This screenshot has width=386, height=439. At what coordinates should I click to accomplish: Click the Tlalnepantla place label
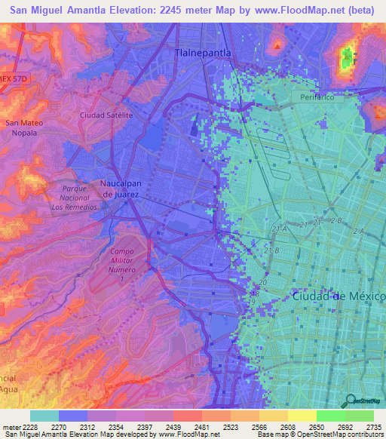click(x=203, y=54)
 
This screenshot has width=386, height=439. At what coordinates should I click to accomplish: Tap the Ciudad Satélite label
click(x=106, y=115)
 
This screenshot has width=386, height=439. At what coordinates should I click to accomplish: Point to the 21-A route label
click(x=280, y=227)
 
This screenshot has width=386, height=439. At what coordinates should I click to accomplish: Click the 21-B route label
click(x=271, y=250)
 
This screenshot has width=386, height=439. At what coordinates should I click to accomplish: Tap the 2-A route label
click(x=357, y=230)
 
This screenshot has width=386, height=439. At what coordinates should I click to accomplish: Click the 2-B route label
click(x=336, y=220)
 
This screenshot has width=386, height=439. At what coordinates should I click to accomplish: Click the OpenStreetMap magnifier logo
click(x=349, y=401)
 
